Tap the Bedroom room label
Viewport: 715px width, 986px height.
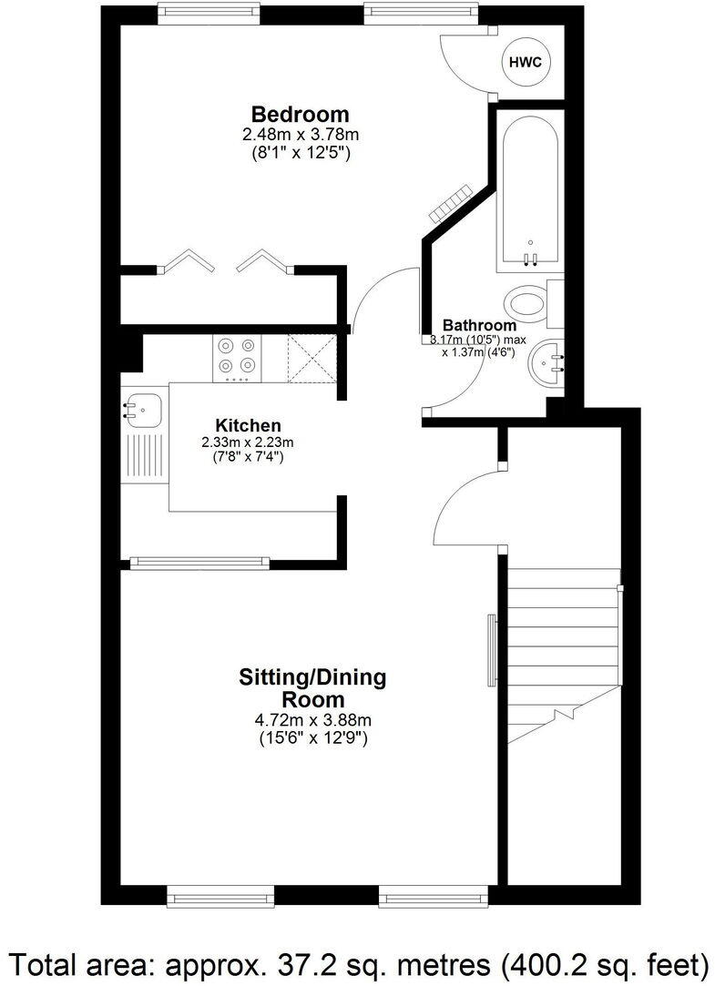(300, 115)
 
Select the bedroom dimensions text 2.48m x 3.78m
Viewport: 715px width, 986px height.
(300, 135)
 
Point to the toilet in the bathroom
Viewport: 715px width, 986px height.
(530, 303)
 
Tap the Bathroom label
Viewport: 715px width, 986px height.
(479, 325)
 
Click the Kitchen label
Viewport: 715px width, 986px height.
(248, 425)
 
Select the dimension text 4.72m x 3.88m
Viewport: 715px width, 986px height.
(312, 720)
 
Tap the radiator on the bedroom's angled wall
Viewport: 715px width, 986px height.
(451, 201)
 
